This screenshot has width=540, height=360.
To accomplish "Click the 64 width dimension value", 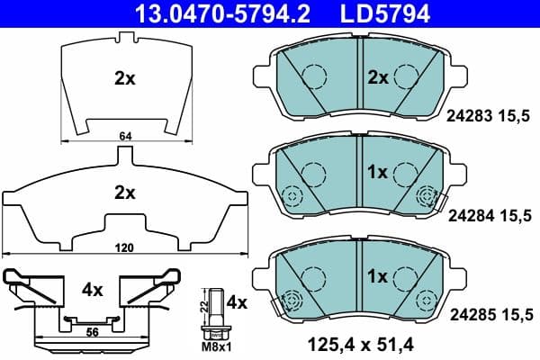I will pyautogui.click(x=125, y=136).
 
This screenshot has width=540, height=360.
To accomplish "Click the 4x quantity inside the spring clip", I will pyautogui.click(x=93, y=291).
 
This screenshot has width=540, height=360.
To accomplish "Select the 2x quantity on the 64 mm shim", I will pyautogui.click(x=124, y=78).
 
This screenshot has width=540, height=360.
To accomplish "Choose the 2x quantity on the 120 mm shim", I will pyautogui.click(x=124, y=192).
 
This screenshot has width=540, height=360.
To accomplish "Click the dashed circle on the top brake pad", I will pyautogui.click(x=314, y=77).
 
